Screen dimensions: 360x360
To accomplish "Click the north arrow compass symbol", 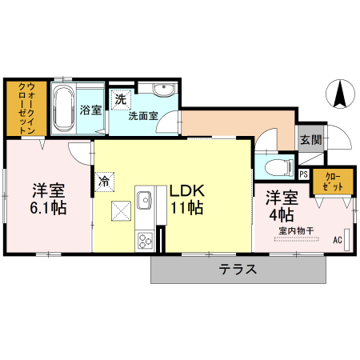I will (x=340, y=95).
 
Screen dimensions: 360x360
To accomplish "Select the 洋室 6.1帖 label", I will (x=49, y=198).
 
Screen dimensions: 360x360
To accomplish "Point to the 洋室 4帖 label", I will (x=282, y=206).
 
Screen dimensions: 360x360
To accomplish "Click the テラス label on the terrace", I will (x=238, y=270).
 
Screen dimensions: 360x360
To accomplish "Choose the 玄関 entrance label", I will (x=310, y=138).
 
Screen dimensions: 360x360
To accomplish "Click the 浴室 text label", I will (x=90, y=110).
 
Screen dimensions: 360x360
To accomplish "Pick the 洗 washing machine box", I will (x=120, y=100).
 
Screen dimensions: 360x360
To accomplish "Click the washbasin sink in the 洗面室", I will (x=163, y=89).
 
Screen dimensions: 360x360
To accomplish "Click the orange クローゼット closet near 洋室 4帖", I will (x=332, y=182).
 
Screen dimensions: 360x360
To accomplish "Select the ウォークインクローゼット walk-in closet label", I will (x=24, y=107).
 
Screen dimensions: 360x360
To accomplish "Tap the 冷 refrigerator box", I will (x=105, y=181).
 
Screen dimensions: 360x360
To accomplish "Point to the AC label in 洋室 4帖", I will (x=337, y=239).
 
